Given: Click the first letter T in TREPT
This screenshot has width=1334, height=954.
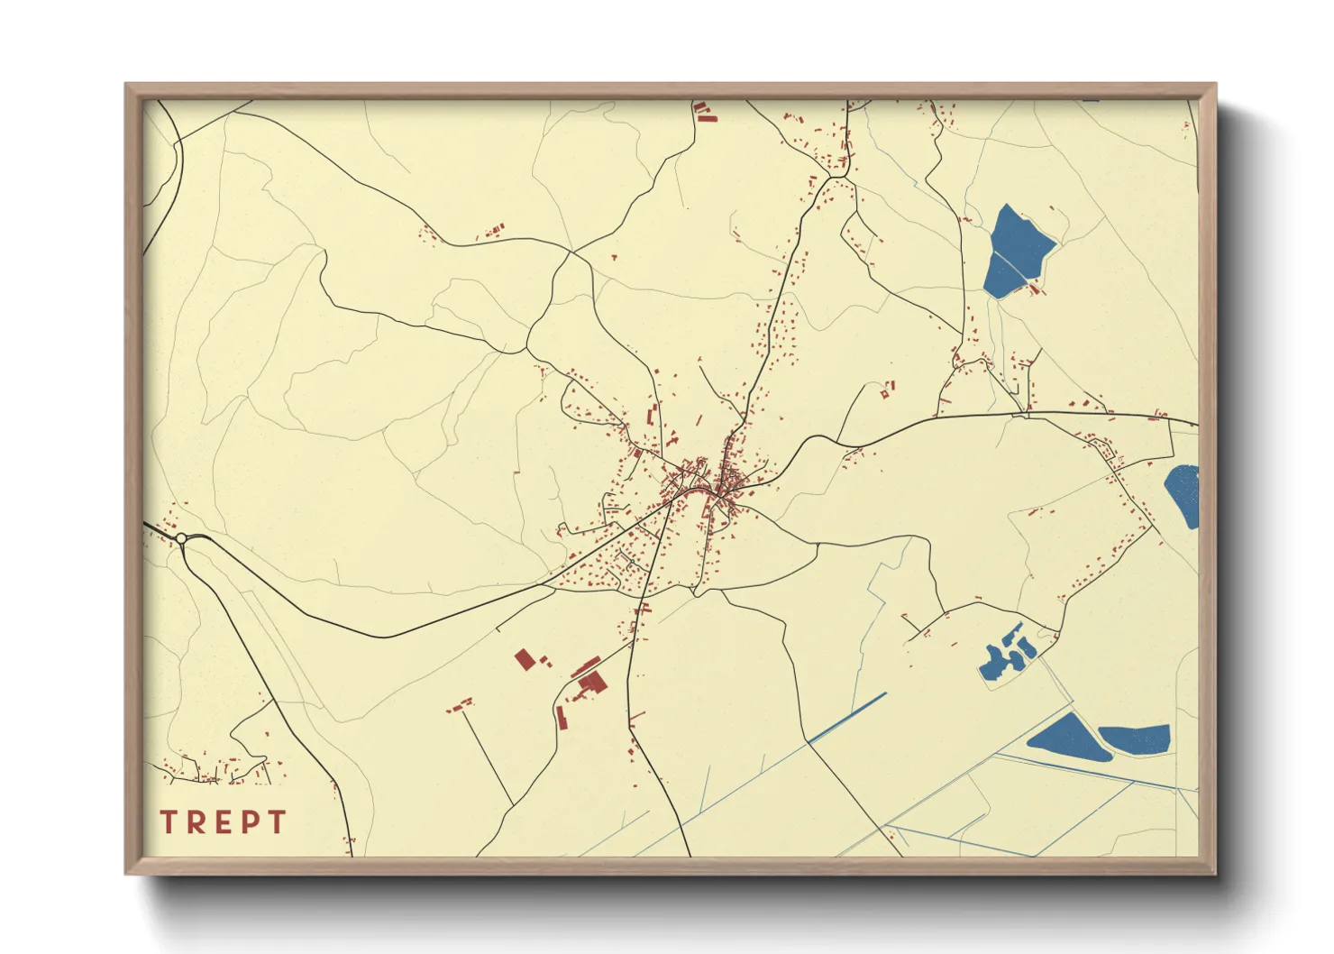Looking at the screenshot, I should (168, 822).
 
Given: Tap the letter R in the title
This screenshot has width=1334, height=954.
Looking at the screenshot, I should (194, 822).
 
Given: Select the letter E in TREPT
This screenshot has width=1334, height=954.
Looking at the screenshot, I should (221, 822).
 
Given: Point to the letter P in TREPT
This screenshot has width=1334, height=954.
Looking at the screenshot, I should (249, 822).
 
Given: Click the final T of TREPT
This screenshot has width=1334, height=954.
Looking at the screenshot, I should (276, 822).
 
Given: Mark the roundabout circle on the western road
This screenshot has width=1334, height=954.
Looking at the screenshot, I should (181, 538).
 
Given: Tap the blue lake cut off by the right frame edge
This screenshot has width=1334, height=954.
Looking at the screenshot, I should (1184, 495).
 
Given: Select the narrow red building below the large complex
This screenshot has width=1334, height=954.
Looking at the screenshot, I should (562, 719).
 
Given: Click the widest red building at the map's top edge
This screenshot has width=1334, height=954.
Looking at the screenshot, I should (707, 117).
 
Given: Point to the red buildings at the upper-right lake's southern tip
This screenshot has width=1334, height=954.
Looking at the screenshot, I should (1035, 289).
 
